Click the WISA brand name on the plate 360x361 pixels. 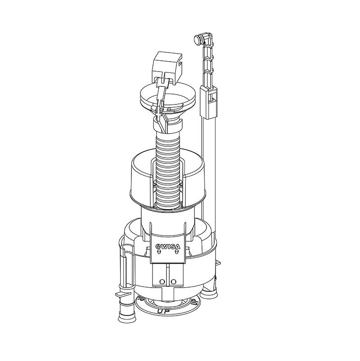click(169, 246)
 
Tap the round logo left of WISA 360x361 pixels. click(158, 246)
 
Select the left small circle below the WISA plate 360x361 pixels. click(161, 282)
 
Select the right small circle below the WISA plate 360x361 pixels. click(173, 282)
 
